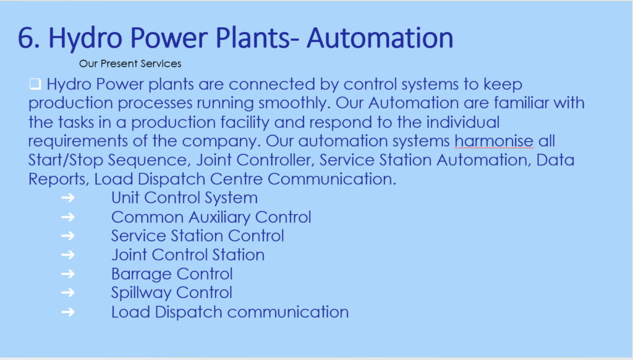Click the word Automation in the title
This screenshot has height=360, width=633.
pos(380,38)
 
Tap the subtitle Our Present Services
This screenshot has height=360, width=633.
pos(130,64)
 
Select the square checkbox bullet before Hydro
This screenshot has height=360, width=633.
pos(35,84)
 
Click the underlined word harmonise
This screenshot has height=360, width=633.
pos(494,141)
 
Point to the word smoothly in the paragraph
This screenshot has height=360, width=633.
pos(294,103)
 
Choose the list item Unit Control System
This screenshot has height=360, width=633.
pos(184,198)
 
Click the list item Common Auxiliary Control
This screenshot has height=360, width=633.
pos(211,217)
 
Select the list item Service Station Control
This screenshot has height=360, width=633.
pos(197,236)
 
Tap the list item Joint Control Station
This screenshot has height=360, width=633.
pos(188,255)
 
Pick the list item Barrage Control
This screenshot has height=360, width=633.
pos(172,274)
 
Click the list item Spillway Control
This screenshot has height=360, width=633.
pos(172,293)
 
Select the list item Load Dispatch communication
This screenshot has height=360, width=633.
pos(230,312)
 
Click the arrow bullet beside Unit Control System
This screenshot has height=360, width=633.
pos(68,197)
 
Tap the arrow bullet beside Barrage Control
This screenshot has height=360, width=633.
pos(68,274)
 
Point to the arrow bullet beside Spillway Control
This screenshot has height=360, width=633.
pos(68,293)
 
